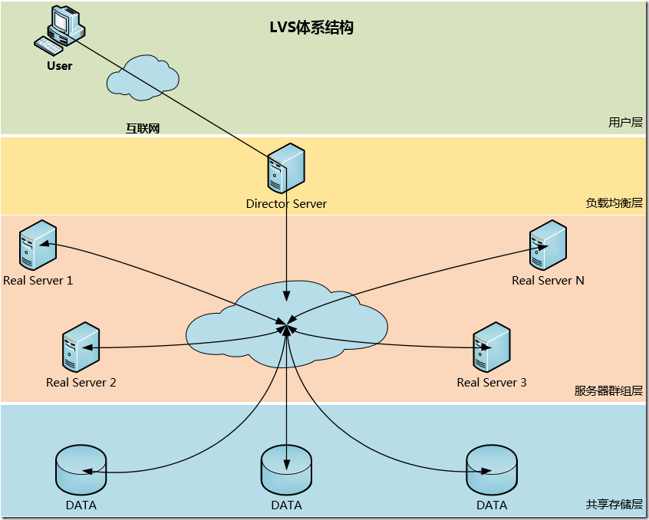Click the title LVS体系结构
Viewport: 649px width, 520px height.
point(311,28)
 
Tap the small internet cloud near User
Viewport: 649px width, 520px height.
point(143,75)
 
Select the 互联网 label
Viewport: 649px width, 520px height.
point(143,129)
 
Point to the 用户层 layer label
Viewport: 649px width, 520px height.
point(624,122)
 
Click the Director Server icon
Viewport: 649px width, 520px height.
point(286,168)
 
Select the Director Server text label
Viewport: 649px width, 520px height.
point(286,204)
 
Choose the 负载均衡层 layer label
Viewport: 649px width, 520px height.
point(614,203)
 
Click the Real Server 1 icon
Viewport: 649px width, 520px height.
point(38,244)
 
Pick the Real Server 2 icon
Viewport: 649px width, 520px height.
point(81,346)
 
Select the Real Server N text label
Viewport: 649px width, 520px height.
point(548,281)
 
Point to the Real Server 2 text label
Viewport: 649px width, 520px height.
point(81,382)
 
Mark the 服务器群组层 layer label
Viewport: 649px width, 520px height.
point(608,390)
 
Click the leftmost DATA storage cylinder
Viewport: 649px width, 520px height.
point(81,469)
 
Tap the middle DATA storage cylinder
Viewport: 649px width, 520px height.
point(286,469)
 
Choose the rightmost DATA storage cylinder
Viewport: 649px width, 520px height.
point(492,469)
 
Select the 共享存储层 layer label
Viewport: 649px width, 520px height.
point(614,504)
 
